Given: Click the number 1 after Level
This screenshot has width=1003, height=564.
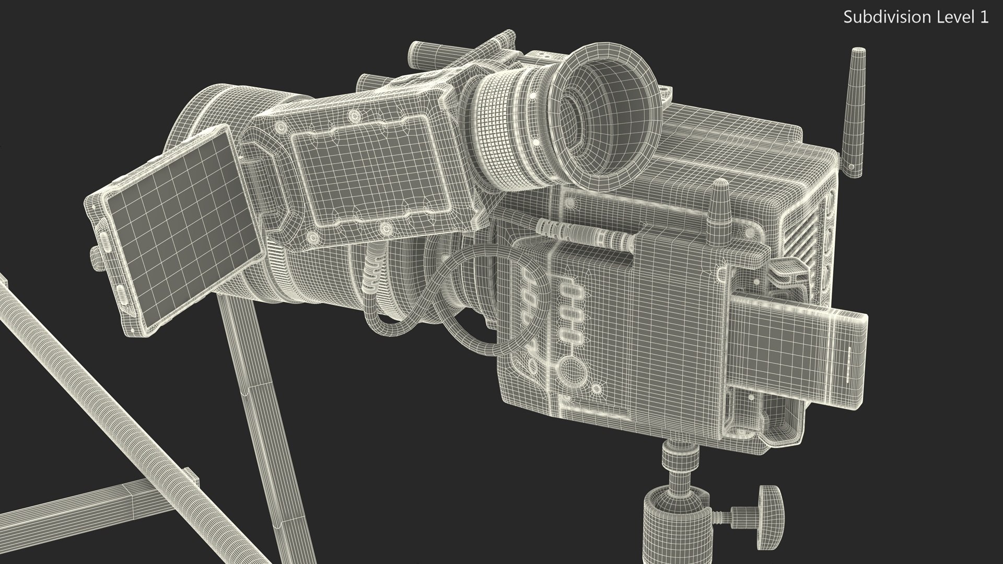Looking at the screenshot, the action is pyautogui.click(x=984, y=17).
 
